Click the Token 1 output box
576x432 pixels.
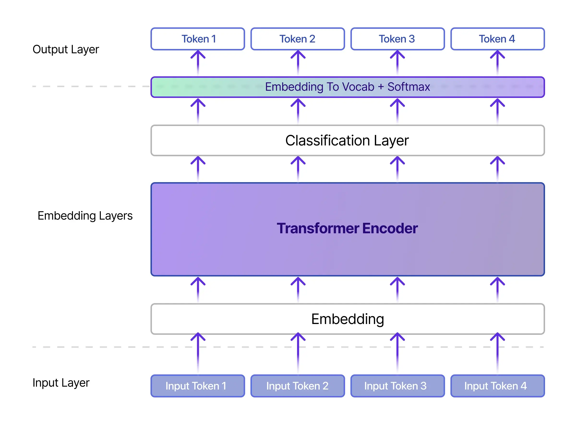tap(198, 39)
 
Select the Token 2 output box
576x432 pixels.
tap(298, 39)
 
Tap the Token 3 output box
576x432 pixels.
tap(397, 39)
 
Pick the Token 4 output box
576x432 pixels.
tap(497, 39)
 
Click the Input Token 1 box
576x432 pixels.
tap(198, 386)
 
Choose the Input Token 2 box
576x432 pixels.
tap(298, 386)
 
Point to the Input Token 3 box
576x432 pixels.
tap(397, 386)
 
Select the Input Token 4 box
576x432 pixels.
tap(497, 386)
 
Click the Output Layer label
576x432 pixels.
tap(66, 49)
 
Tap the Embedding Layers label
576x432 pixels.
tap(85, 216)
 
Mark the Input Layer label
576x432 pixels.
tap(61, 383)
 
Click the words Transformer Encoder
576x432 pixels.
tap(347, 228)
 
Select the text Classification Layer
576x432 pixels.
tap(347, 141)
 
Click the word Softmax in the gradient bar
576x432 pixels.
tap(408, 87)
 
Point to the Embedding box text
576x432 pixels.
tap(348, 319)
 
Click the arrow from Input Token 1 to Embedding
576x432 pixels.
tap(198, 353)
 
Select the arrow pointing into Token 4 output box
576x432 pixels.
tap(497, 62)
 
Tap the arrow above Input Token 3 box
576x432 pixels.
tap(397, 353)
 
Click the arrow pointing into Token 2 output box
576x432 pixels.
tap(298, 62)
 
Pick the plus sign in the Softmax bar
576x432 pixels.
tap(381, 87)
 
